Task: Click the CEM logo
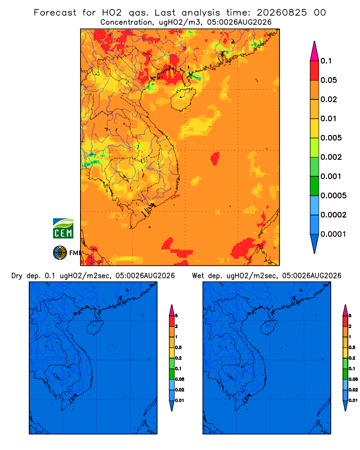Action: point(63,228)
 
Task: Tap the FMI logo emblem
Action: point(60,252)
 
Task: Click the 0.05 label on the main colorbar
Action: point(328,80)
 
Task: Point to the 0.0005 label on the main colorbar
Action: point(333,196)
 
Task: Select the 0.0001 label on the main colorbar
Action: point(333,234)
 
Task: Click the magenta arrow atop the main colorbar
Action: point(315,51)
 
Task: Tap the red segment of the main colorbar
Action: point(315,70)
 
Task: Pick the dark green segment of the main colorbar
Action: point(315,186)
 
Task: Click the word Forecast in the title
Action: point(55,13)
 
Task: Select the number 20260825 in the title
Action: point(282,13)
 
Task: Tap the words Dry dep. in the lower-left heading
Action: point(26,276)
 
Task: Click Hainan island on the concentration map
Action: point(183,99)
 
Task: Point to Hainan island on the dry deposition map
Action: point(95,328)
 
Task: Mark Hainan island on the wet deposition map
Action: point(269,328)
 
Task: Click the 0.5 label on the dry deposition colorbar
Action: point(178,347)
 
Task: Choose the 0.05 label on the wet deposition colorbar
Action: point(353,379)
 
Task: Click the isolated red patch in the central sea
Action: point(215,158)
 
